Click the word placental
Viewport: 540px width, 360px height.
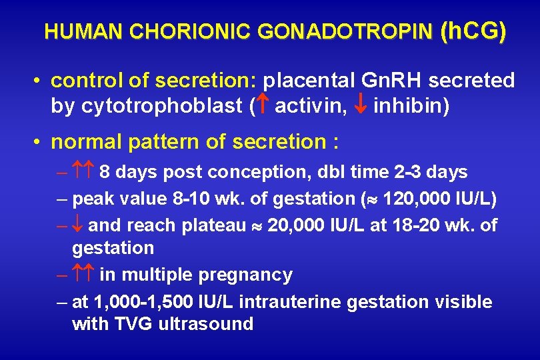point(309,81)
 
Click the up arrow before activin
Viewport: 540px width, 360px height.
point(263,106)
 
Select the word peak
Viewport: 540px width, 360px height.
point(94,199)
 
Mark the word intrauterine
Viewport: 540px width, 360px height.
point(291,301)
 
